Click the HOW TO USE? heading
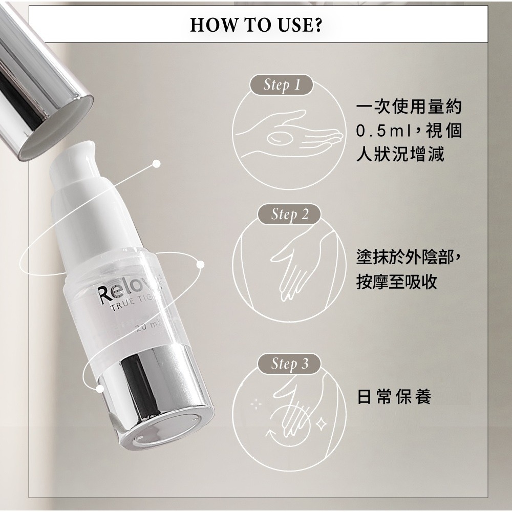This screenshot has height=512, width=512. tap(255, 24)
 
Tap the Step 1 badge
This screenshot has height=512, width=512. tap(281, 85)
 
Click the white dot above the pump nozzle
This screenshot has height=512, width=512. tap(157, 164)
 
